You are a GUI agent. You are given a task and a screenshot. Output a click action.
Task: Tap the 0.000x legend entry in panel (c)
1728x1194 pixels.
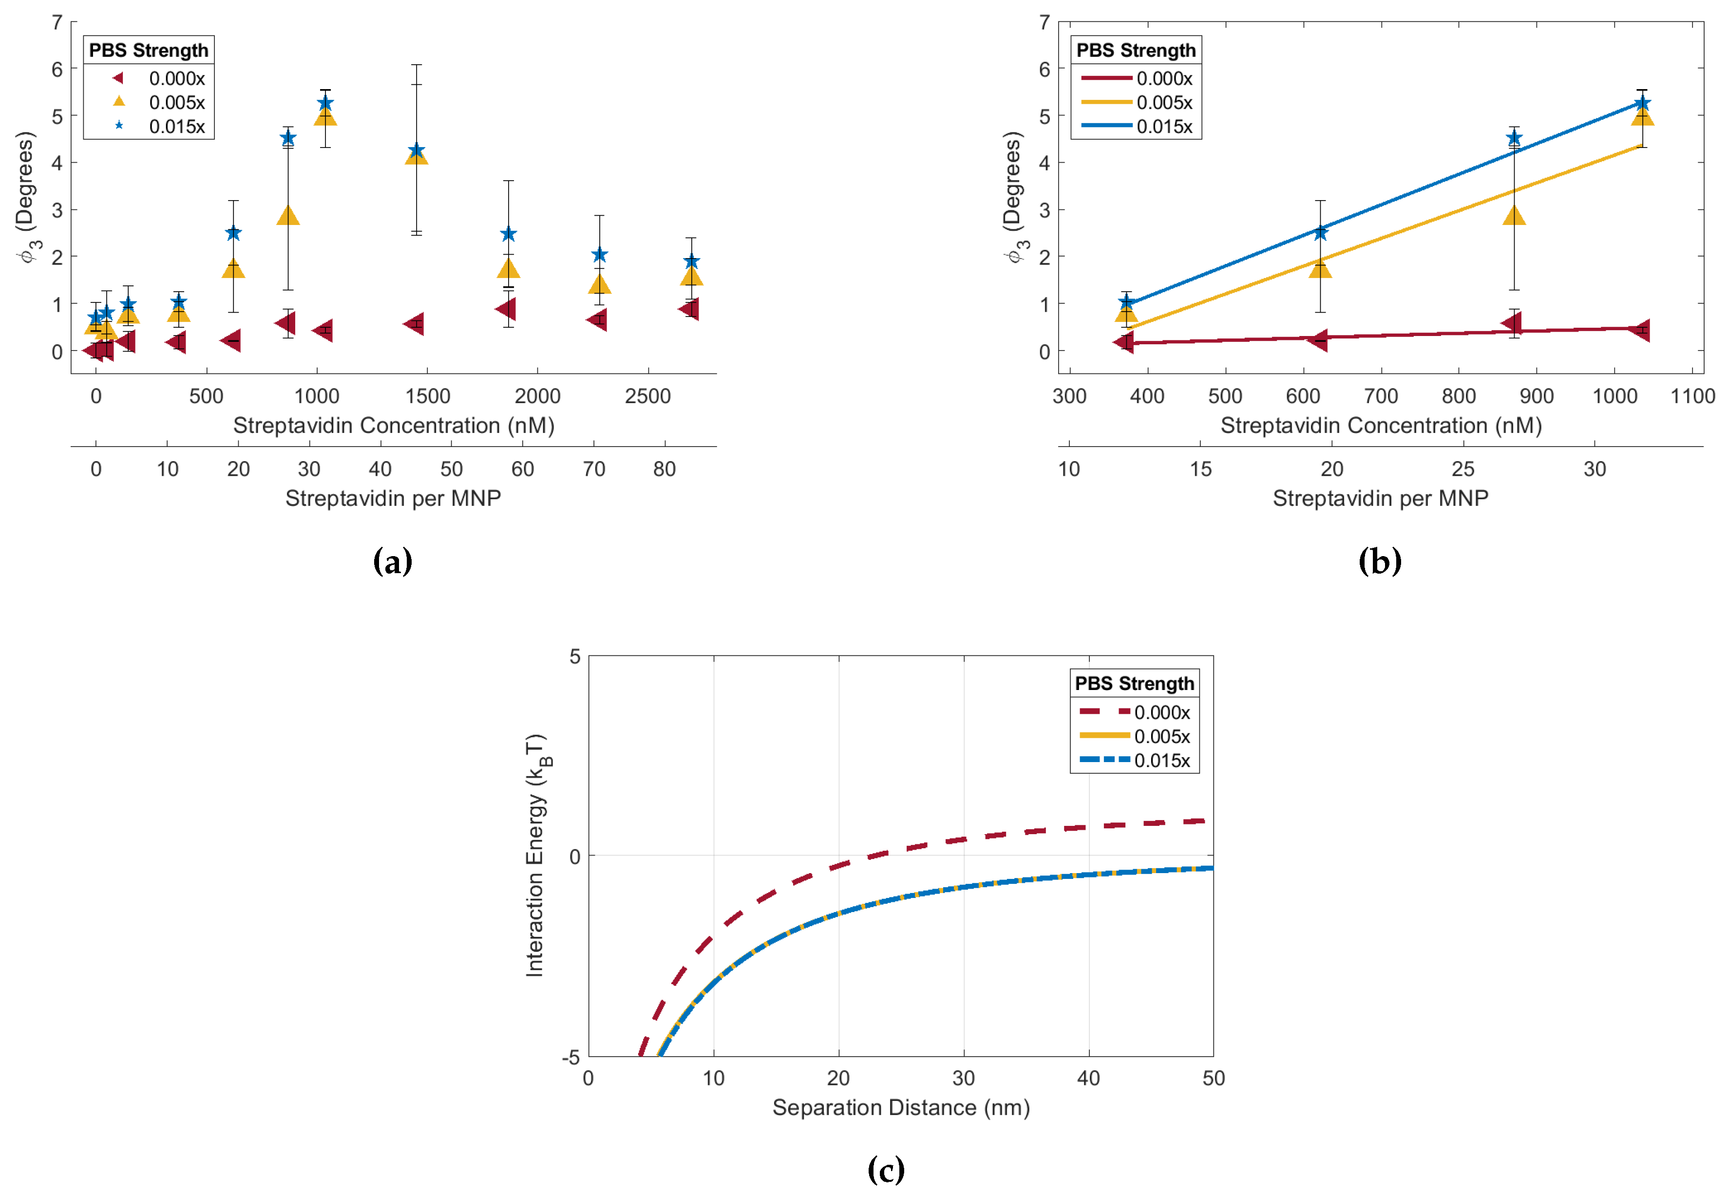click(x=1161, y=712)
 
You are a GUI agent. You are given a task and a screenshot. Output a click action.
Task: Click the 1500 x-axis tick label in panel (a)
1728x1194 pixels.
click(x=427, y=396)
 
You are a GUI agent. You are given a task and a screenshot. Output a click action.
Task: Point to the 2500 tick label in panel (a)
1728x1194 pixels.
click(x=647, y=396)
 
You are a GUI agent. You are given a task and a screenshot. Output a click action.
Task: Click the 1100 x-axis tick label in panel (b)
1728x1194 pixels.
click(x=1692, y=396)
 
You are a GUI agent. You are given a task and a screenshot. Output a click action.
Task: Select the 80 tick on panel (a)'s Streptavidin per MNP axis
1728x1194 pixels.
click(x=664, y=469)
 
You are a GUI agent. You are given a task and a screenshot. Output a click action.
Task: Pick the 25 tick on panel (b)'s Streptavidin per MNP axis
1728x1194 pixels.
click(x=1462, y=469)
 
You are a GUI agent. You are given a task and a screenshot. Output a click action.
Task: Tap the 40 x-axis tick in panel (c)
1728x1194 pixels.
click(x=1088, y=1078)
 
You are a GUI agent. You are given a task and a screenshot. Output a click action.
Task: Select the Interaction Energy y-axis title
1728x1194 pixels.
click(x=536, y=855)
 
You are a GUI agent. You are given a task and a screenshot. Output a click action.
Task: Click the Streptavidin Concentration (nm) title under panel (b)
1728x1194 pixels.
click(x=1381, y=425)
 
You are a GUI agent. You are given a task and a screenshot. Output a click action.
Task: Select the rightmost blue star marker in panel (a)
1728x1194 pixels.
click(x=691, y=261)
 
